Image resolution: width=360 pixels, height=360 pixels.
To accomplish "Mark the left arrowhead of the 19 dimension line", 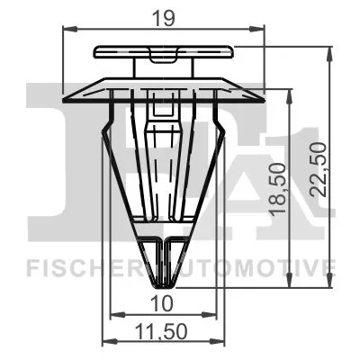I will (67, 30).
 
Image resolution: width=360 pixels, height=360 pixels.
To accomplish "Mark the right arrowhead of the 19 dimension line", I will (258, 30).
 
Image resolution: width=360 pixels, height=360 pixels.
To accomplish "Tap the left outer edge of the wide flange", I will (65, 92).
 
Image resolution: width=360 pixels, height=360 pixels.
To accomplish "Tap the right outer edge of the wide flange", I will (262, 92).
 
